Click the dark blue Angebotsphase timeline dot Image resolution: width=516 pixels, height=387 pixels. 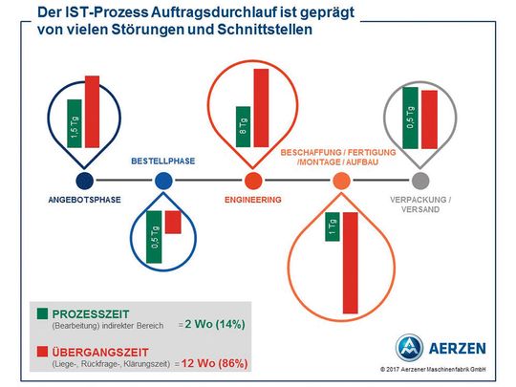[84, 181]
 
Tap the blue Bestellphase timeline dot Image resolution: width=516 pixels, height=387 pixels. [163, 181]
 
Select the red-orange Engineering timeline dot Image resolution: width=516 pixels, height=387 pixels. [253, 181]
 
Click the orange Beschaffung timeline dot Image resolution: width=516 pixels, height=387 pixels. [342, 181]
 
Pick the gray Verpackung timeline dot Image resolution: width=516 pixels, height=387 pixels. [420, 181]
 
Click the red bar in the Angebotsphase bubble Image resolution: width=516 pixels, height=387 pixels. [93, 111]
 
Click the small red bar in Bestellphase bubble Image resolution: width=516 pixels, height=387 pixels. [173, 222]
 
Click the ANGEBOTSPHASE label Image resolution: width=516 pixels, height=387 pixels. [84, 200]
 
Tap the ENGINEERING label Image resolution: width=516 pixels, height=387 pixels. [253, 200]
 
